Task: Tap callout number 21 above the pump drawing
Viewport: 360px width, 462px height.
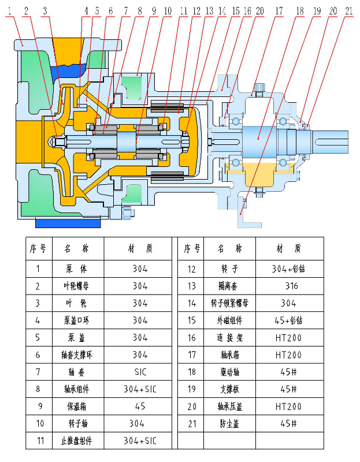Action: click(x=348, y=10)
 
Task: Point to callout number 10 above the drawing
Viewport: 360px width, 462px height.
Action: click(x=167, y=10)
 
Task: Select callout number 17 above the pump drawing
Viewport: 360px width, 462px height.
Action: click(x=279, y=10)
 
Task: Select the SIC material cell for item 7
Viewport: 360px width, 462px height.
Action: click(x=139, y=372)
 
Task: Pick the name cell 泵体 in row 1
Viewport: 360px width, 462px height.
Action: click(x=78, y=269)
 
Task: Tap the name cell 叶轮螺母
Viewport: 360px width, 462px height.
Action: click(x=78, y=286)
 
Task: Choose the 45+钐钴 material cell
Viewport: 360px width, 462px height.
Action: click(x=291, y=320)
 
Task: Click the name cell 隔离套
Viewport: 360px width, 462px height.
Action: click(x=229, y=286)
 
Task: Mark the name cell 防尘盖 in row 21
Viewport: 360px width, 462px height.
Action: click(x=229, y=423)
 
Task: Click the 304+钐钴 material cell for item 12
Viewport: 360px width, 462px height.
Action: click(x=291, y=269)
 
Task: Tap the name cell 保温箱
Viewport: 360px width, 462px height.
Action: click(x=78, y=406)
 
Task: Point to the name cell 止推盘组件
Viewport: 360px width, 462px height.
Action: click(x=78, y=441)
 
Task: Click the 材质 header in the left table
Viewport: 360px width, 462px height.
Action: click(x=139, y=249)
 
